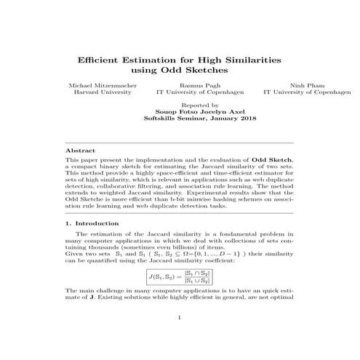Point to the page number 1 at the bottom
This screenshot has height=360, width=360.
(x=180, y=337)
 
